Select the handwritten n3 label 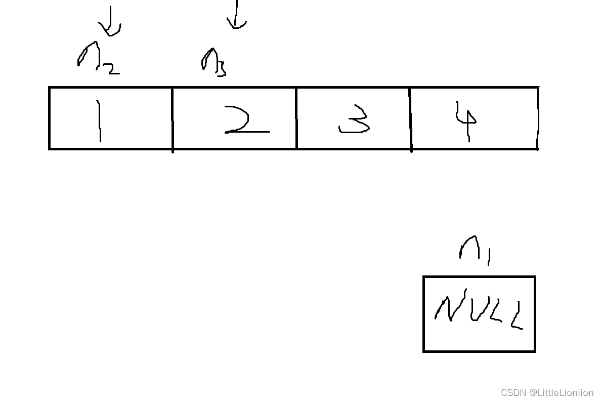(213, 62)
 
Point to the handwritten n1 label (475, 249)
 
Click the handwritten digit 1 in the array (99, 121)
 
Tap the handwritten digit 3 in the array (355, 120)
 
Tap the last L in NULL (516, 316)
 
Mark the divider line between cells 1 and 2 (173, 118)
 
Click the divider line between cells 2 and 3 (296, 118)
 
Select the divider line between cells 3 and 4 (410, 118)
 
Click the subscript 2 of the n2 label (112, 68)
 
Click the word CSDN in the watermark (513, 392)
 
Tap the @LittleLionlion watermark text (561, 392)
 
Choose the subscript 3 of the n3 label (221, 69)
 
